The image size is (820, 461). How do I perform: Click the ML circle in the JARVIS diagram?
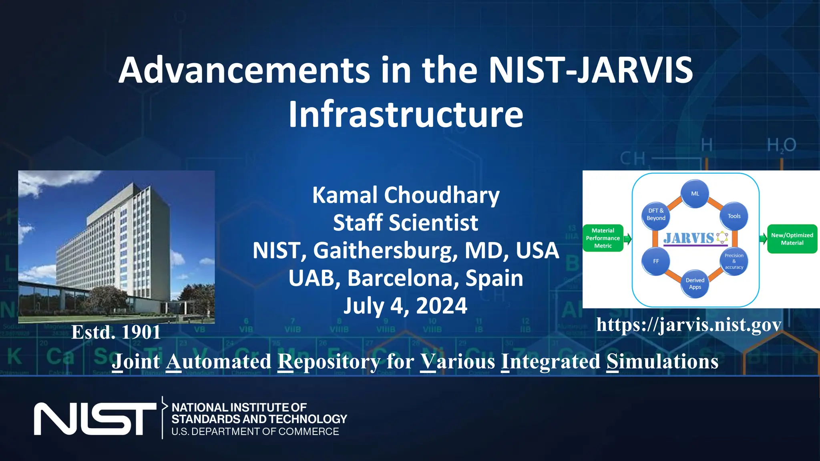[x=695, y=194]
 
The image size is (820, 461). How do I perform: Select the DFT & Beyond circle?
[x=656, y=215]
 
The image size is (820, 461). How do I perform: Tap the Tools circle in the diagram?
[x=734, y=216]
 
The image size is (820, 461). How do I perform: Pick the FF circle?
[x=656, y=261]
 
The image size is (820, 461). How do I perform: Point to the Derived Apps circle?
[x=695, y=284]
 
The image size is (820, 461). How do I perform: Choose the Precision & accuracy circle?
[x=734, y=261]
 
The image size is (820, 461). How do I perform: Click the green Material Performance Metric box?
[x=603, y=238]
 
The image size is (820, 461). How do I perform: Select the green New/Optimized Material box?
[x=792, y=239]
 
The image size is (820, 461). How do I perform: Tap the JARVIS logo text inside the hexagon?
[x=689, y=239]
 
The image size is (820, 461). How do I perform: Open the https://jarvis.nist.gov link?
[x=689, y=325]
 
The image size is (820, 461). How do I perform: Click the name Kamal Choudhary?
[x=406, y=195]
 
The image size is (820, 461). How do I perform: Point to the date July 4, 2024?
[x=405, y=306]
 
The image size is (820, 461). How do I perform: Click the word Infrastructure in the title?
[x=406, y=114]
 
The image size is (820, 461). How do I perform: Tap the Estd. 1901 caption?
[x=116, y=333]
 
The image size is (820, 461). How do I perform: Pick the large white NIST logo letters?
[x=95, y=419]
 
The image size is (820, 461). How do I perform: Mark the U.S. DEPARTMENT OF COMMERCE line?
[x=255, y=432]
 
